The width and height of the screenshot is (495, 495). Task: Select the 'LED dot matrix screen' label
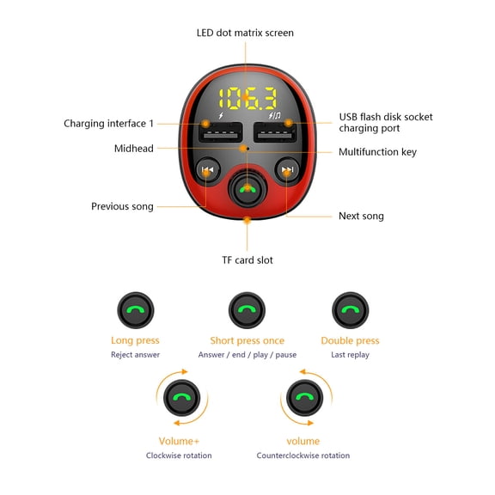245,33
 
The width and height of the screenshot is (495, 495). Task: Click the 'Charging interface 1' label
109,124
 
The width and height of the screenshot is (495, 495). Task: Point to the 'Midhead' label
134,149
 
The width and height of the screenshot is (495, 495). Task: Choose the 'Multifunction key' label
377,152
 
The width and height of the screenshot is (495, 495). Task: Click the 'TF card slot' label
247,260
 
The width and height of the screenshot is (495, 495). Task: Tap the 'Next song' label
361,216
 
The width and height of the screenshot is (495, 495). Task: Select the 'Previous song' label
122,206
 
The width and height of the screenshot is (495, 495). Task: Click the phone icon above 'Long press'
135,310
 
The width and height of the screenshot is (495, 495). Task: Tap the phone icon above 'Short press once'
247,310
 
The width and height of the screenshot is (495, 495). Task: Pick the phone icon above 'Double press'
350,310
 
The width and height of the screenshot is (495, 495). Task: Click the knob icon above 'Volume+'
180,398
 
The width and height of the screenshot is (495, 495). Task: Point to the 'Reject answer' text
135,355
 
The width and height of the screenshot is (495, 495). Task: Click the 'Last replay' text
350,355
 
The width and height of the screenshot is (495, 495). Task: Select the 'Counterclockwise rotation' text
303,455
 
